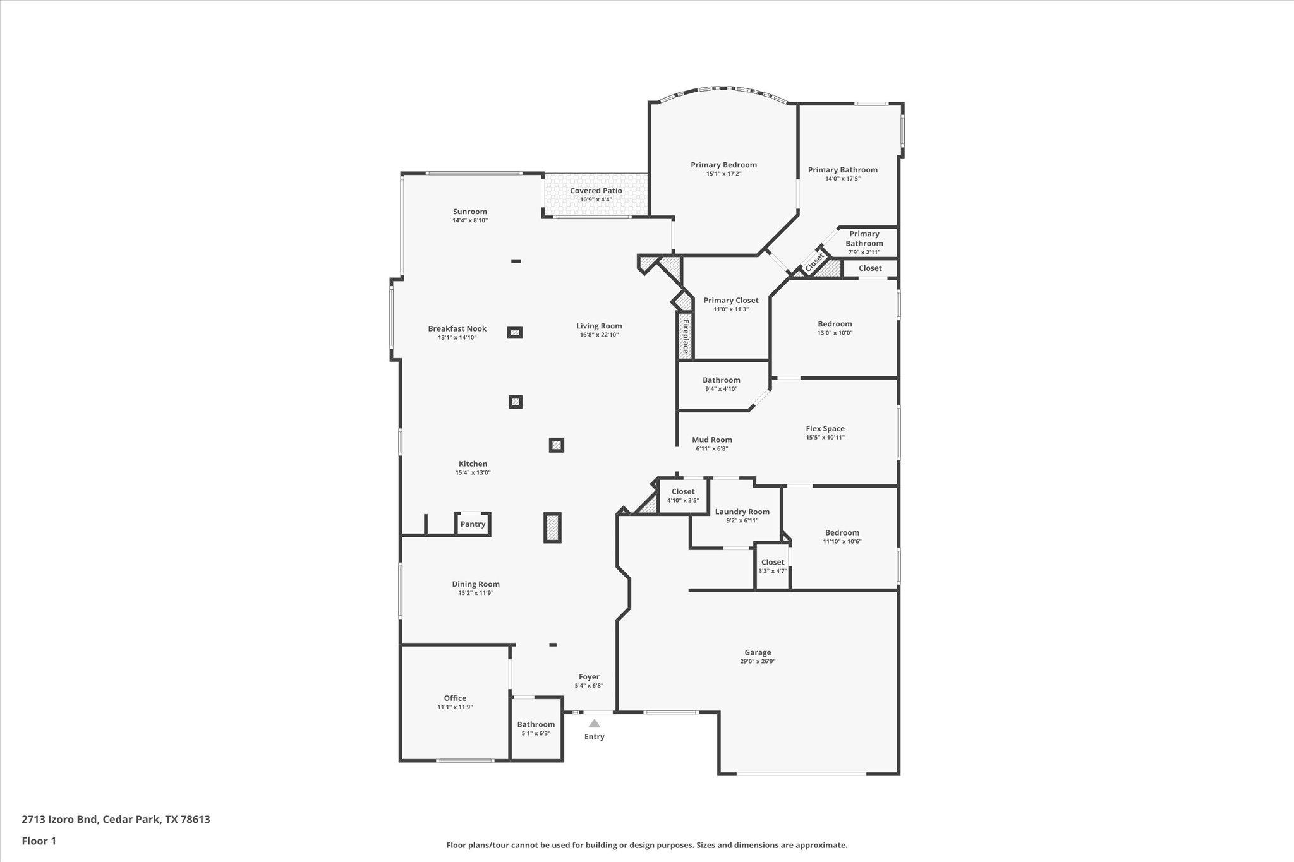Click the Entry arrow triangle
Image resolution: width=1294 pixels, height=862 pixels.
tap(594, 724)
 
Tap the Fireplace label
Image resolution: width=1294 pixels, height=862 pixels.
tap(685, 337)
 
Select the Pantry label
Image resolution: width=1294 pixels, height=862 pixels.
tap(473, 524)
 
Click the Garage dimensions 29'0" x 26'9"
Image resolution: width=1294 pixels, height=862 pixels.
tap(758, 662)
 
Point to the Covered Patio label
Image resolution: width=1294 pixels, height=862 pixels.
tap(596, 191)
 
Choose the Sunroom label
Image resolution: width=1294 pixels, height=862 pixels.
tap(470, 212)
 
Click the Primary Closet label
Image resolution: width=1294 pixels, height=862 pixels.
tap(731, 301)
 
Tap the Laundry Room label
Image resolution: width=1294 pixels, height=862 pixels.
tap(742, 512)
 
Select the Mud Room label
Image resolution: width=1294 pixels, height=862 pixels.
tap(712, 440)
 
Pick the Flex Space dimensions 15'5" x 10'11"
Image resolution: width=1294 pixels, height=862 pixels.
tap(825, 438)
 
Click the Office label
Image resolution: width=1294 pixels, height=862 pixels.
tap(455, 698)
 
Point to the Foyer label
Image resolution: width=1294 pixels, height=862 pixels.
tap(589, 677)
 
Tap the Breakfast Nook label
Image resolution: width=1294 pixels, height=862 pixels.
tap(457, 329)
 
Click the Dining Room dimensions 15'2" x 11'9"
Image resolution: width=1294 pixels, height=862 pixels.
tap(476, 593)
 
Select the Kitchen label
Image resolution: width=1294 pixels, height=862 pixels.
tap(473, 464)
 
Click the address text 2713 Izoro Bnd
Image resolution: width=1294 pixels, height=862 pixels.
tap(59, 820)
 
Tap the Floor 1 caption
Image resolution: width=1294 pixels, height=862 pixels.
tap(39, 841)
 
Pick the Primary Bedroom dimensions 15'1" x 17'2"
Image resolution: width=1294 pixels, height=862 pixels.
tap(723, 174)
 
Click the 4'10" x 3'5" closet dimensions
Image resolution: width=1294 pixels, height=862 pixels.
tap(683, 501)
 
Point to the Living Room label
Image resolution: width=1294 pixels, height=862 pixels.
tap(599, 326)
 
